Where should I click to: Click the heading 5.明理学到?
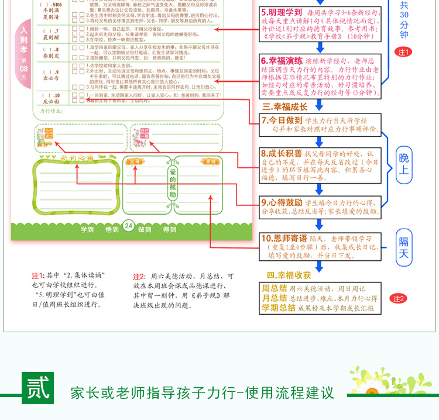coord(282,12)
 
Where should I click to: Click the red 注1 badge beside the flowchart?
coord(404,52)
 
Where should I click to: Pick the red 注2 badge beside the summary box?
coord(399,298)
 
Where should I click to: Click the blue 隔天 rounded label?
coord(404,247)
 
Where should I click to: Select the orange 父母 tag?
coord(135,161)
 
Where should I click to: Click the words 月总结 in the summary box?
coord(275,298)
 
